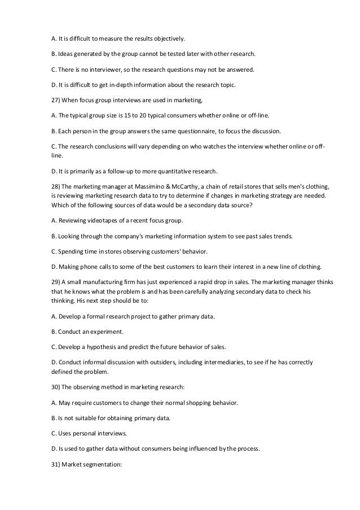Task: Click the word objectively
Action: coord(166,39)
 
